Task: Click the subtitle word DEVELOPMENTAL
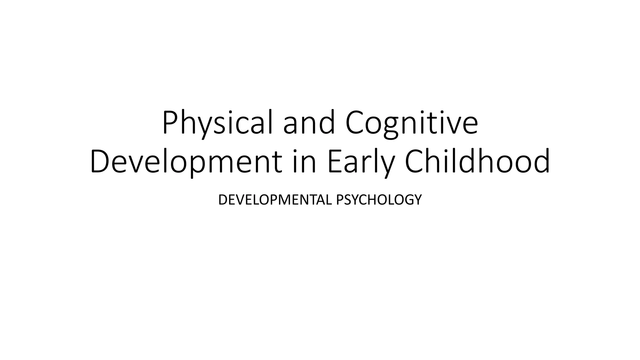275,200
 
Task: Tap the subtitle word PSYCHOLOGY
379,200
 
